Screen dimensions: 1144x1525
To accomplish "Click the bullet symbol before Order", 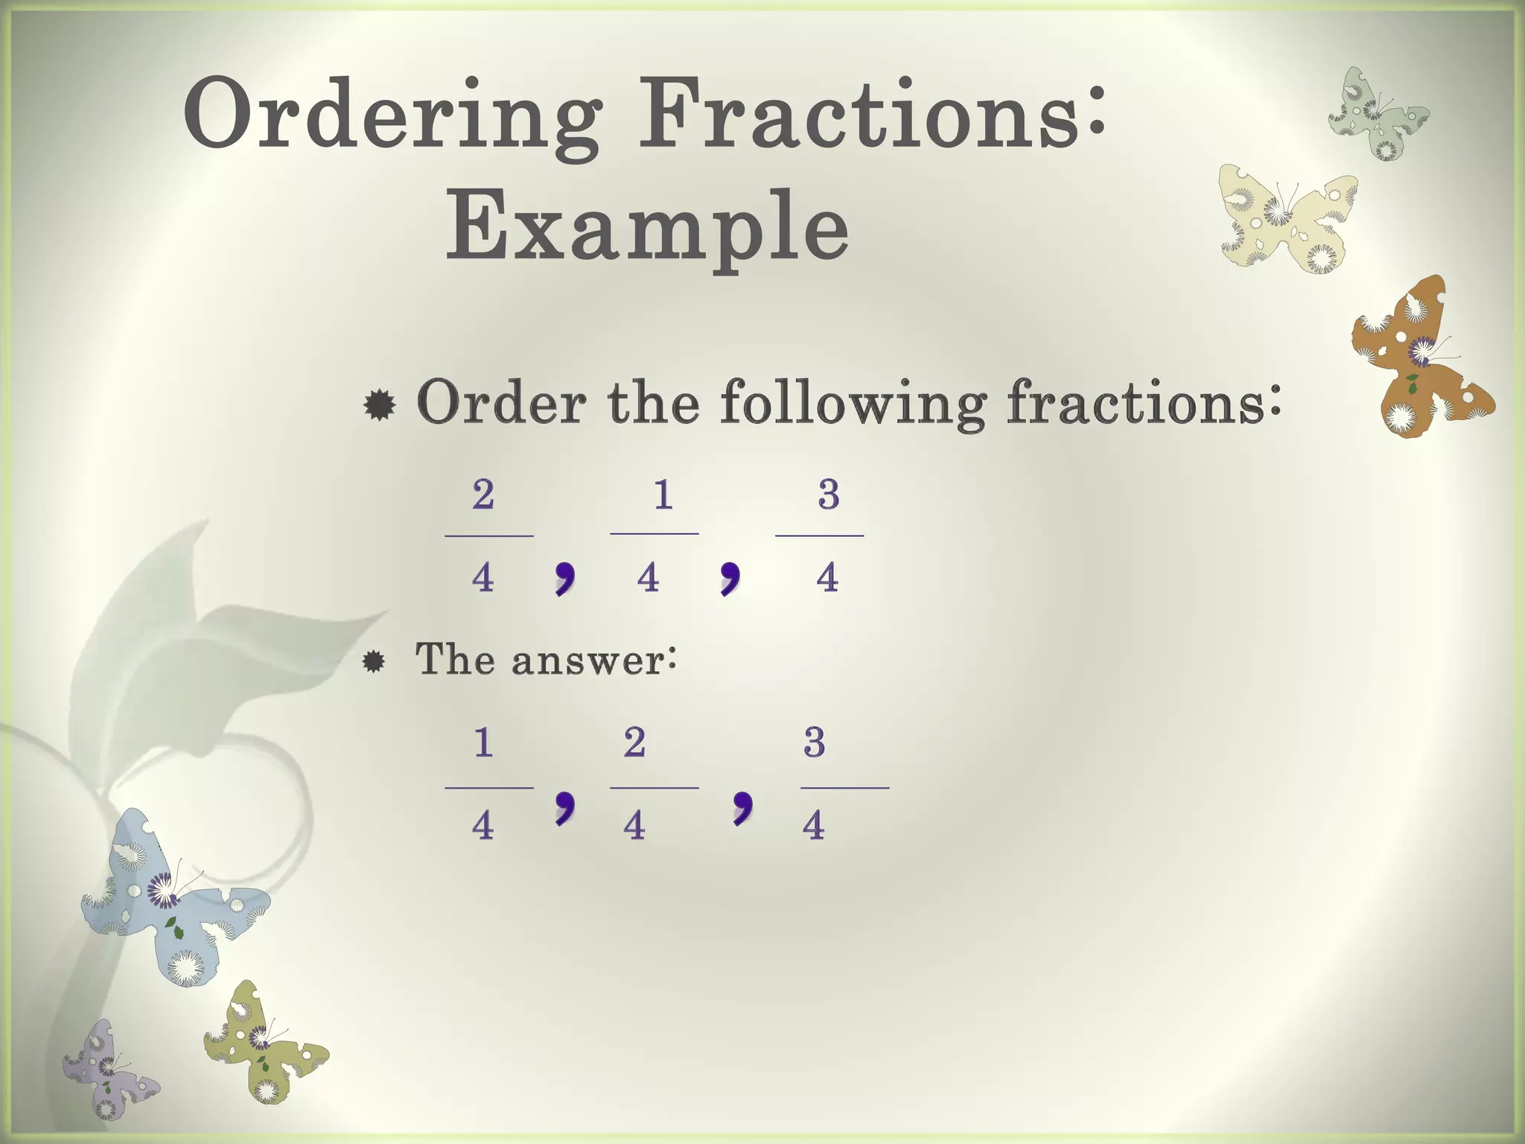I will [x=380, y=406].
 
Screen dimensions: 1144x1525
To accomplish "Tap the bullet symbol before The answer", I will [x=374, y=661].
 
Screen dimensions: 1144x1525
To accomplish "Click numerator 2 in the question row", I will [x=483, y=495].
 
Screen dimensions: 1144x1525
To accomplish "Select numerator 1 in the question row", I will [x=663, y=495].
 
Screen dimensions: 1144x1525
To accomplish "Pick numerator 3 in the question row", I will [x=829, y=495].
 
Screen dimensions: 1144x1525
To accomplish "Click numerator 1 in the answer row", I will [x=483, y=743].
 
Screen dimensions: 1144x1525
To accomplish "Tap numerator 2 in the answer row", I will [x=634, y=743].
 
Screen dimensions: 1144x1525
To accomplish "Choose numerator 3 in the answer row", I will [x=815, y=743].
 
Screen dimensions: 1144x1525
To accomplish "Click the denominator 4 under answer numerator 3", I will [x=814, y=826].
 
